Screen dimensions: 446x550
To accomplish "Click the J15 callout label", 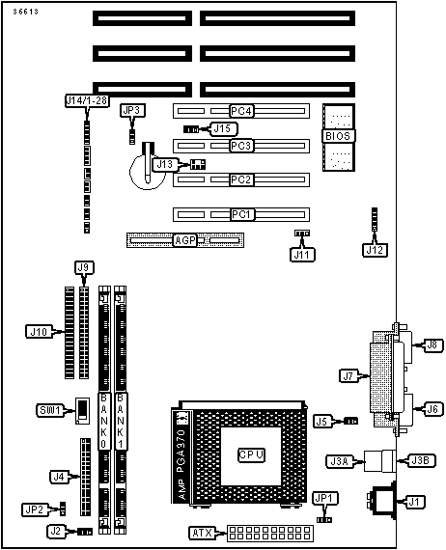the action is [x=222, y=128].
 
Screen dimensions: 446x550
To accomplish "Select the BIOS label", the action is [x=338, y=136].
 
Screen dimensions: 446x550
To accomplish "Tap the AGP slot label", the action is [x=185, y=240].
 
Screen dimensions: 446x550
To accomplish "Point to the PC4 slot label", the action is [x=241, y=111].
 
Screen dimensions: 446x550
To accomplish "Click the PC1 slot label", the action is [x=242, y=214].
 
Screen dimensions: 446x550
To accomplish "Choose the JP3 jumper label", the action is [x=131, y=110].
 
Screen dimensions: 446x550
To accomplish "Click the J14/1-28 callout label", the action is [x=87, y=100].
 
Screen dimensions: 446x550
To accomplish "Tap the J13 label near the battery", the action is [x=164, y=164].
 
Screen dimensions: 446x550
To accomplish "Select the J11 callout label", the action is [x=302, y=255].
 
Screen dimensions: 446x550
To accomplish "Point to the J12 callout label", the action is [x=375, y=250].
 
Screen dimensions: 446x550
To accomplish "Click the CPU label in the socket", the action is [x=251, y=454].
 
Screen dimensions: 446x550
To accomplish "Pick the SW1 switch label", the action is [x=50, y=410].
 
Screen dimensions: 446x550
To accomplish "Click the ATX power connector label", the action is [x=203, y=534].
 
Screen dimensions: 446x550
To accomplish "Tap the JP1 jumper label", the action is [x=324, y=499].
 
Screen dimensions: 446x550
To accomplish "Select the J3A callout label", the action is [x=340, y=461].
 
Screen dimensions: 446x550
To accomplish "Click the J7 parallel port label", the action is [x=348, y=376].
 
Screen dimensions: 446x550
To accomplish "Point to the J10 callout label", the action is [x=39, y=332].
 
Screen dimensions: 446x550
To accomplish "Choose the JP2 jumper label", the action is [x=35, y=509].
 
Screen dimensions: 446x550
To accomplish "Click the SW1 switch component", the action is [x=82, y=411].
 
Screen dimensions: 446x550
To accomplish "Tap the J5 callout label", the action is [x=322, y=422].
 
